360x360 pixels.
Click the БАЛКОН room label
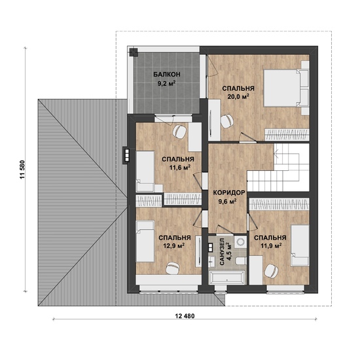coord(167,75)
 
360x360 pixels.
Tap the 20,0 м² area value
coord(238,96)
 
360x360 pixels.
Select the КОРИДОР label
coord(229,192)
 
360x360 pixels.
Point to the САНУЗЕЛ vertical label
coord(222,252)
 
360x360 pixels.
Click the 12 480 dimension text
coord(185,316)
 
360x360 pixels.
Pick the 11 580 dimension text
coord(22,170)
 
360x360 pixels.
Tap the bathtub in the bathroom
coord(227,278)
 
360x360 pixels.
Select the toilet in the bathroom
coord(241,261)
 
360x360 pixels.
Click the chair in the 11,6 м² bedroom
coord(179,132)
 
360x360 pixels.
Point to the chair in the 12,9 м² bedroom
coord(172,268)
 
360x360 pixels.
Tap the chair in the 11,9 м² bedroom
coord(271,270)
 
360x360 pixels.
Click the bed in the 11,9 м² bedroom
coord(300,245)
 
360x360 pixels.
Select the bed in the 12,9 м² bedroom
coord(145,242)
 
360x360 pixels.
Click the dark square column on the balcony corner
coord(133,52)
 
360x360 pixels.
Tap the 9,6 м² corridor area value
coord(228,202)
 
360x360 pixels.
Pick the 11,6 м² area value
coord(180,168)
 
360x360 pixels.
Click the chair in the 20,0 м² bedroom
coord(227,120)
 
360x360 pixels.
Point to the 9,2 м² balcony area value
coord(166,83)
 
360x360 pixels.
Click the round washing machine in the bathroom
coord(241,242)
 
